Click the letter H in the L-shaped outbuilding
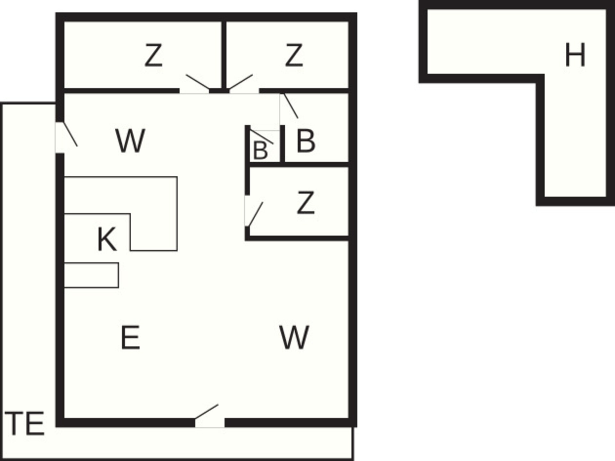pos(575,55)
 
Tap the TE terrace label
pos(25,424)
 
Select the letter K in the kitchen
pos(106,239)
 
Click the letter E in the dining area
pos(130,337)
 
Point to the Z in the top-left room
pos(153,55)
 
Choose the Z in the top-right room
pos(294,55)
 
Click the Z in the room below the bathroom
pos(306,202)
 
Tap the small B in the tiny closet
pos(260,150)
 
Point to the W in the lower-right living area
pos(294,337)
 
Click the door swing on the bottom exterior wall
pos(207,412)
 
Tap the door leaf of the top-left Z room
pos(198,82)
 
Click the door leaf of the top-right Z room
pos(241,82)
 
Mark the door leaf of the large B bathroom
pos(291,106)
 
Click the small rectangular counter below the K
pos(92,275)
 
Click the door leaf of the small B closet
pos(262,137)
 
